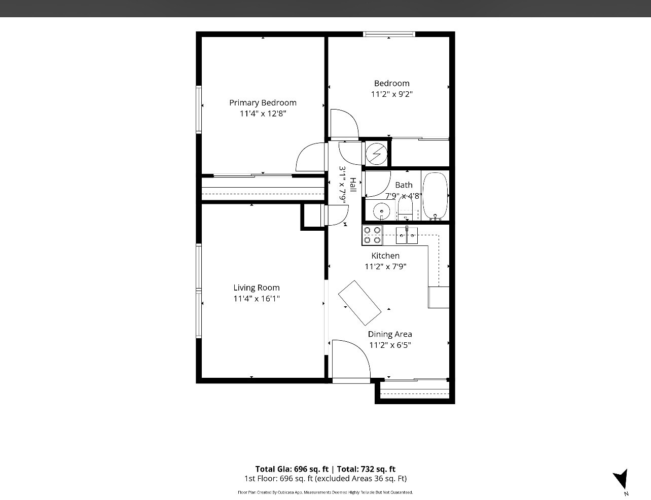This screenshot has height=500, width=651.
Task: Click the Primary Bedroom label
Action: [x=263, y=103]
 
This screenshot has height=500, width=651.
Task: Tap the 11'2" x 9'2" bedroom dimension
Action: [x=391, y=94]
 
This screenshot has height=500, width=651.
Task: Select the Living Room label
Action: [x=257, y=288]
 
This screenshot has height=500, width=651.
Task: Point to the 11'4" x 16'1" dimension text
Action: [x=257, y=298]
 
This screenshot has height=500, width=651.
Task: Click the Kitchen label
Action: [x=385, y=256]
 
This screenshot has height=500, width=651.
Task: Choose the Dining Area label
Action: [x=390, y=334]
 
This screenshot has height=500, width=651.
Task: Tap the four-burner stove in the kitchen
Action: [x=372, y=235]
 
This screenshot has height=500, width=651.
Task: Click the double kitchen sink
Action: [x=407, y=235]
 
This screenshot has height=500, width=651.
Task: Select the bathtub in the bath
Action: [x=435, y=196]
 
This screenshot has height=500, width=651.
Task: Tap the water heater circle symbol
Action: [x=376, y=154]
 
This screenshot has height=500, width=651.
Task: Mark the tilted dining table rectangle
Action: [x=359, y=303]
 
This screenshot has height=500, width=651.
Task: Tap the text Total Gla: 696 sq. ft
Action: [x=292, y=469]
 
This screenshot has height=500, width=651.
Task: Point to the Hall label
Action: [x=353, y=185]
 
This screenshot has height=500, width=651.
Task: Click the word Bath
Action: [x=404, y=185]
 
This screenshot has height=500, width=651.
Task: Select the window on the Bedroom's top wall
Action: [x=389, y=34]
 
